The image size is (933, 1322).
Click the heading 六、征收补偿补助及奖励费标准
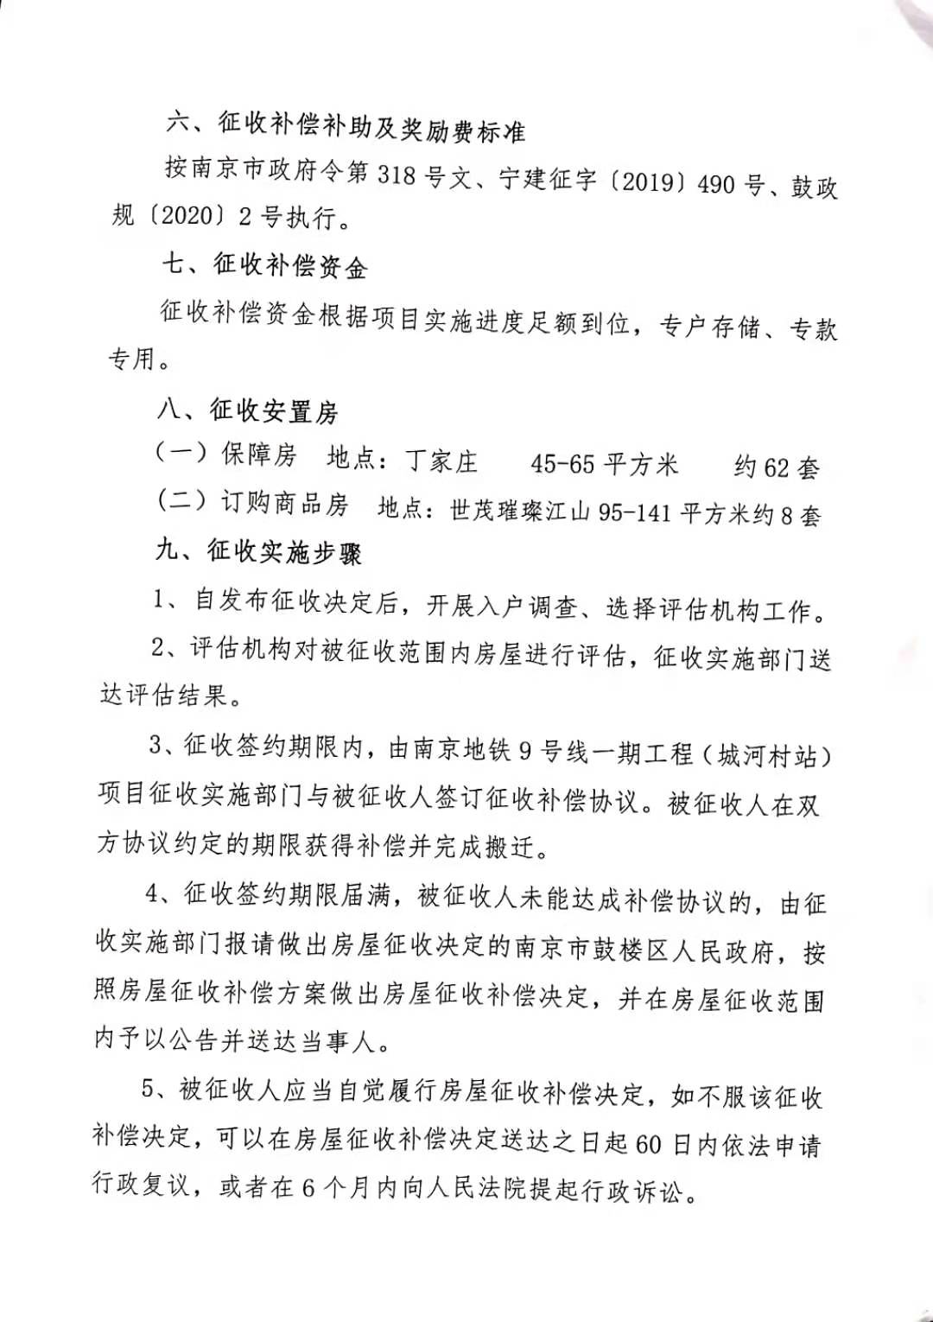tap(346, 128)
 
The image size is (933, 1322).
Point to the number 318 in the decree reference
tap(397, 175)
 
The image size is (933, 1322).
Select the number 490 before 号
tap(722, 183)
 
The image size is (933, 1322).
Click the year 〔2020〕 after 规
tap(185, 216)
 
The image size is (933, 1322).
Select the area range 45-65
tap(562, 464)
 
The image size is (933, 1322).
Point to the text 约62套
tap(776, 467)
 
